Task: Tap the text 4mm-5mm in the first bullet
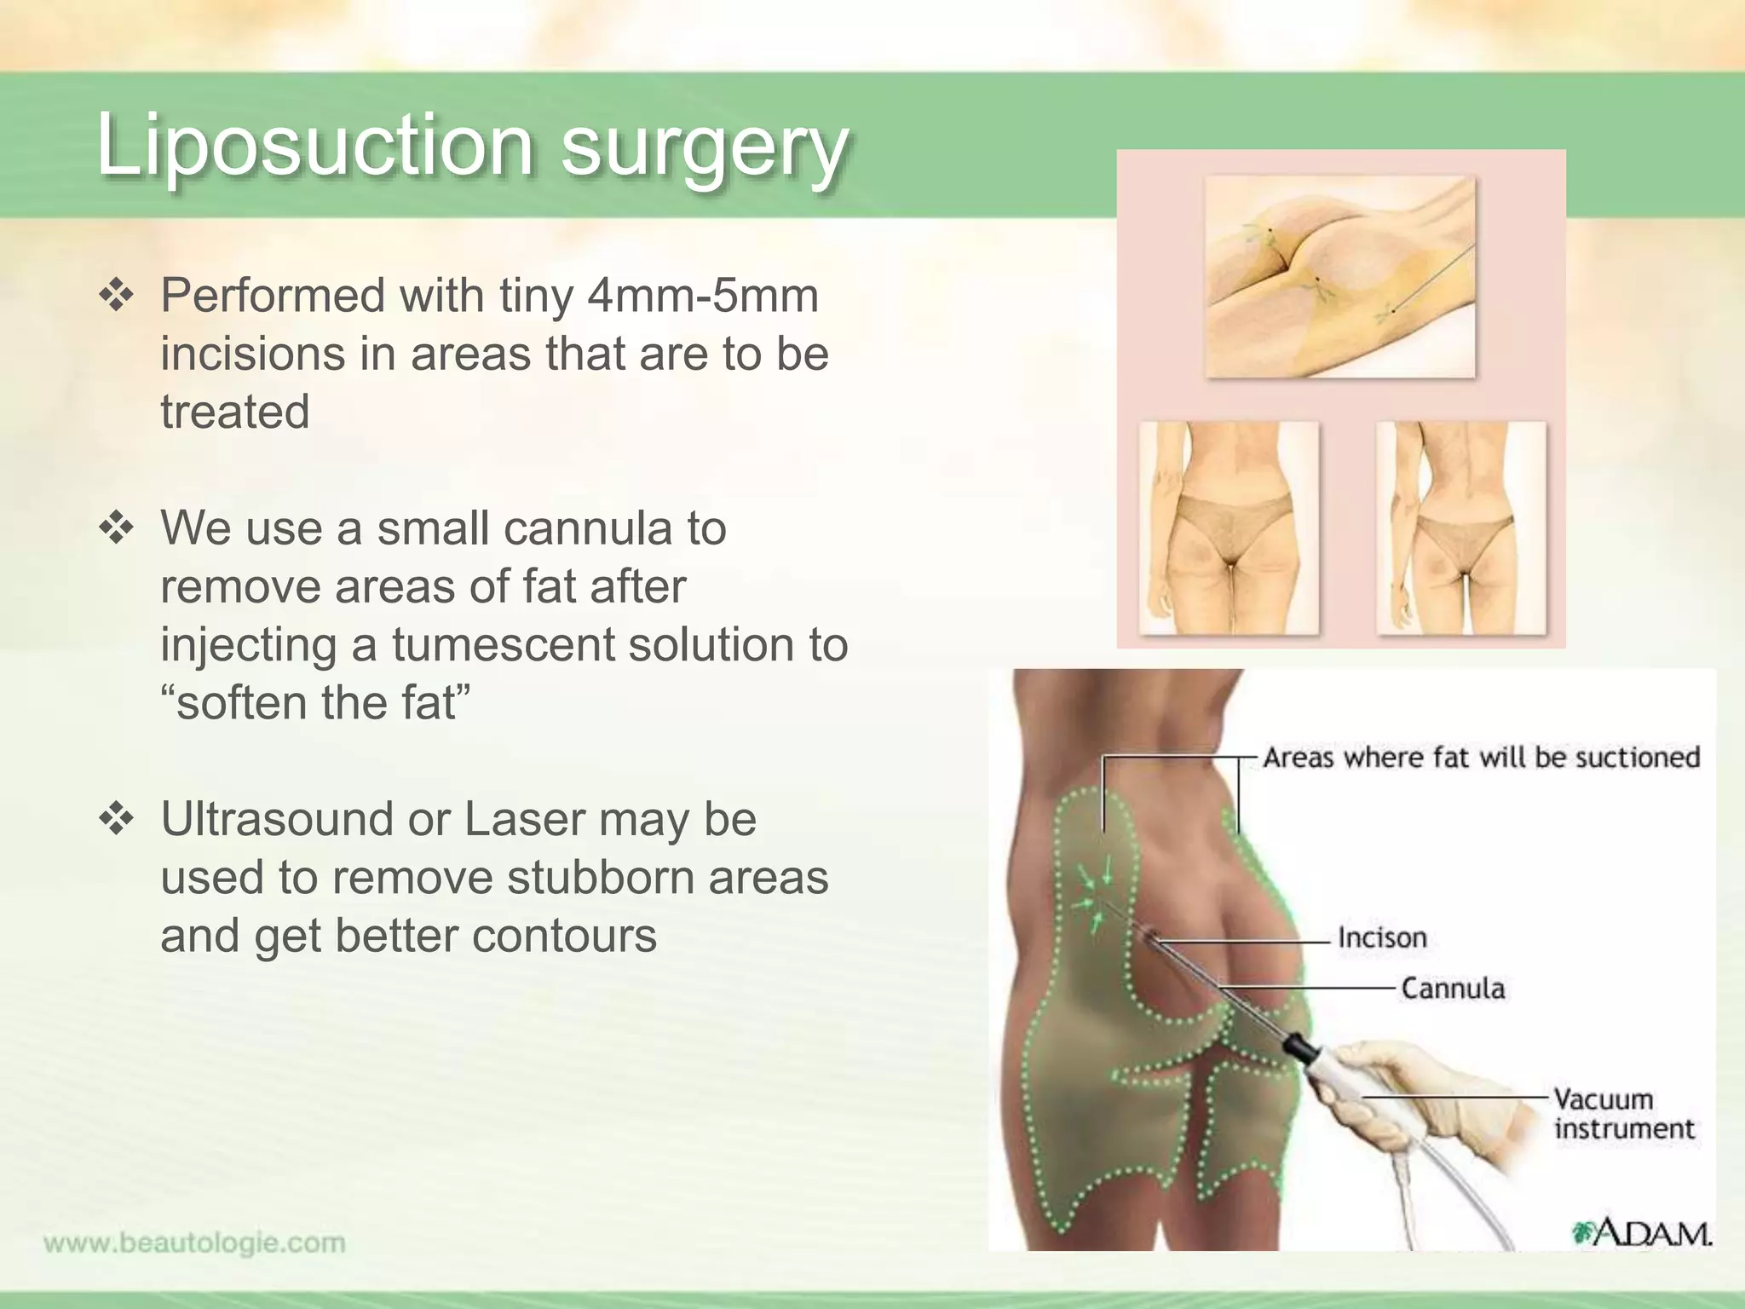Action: (x=702, y=296)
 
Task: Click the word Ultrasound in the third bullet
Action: (x=276, y=819)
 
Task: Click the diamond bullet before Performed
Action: (x=117, y=297)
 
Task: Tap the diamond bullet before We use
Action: (x=117, y=529)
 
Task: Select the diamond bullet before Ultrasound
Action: (x=117, y=820)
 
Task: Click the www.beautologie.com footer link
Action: (x=194, y=1243)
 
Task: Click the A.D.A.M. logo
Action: (x=1641, y=1232)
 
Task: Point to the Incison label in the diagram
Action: (x=1381, y=937)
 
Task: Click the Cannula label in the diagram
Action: (x=1453, y=989)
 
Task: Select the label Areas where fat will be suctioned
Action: (x=1481, y=757)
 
